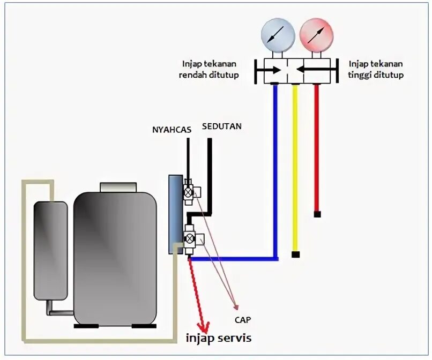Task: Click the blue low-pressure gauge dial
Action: click(x=278, y=35)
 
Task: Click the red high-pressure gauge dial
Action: click(x=317, y=35)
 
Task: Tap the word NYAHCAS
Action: click(x=172, y=130)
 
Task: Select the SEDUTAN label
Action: click(x=222, y=126)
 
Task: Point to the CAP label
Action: click(x=243, y=320)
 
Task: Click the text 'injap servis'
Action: click(x=219, y=338)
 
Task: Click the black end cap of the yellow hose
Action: click(x=296, y=254)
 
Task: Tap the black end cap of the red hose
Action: click(x=317, y=214)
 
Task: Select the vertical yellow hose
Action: click(x=295, y=168)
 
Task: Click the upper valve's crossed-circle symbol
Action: click(x=189, y=192)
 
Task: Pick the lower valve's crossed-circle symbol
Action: click(x=189, y=238)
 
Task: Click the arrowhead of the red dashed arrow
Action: click(x=204, y=327)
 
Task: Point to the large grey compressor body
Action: click(x=115, y=259)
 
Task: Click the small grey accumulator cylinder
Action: click(x=51, y=251)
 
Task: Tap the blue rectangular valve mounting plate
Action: click(x=176, y=214)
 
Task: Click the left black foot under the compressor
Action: click(x=86, y=326)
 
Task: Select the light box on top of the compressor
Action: click(x=118, y=187)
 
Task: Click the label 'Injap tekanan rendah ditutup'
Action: click(x=209, y=70)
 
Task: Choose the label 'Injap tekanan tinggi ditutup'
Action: click(x=376, y=70)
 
